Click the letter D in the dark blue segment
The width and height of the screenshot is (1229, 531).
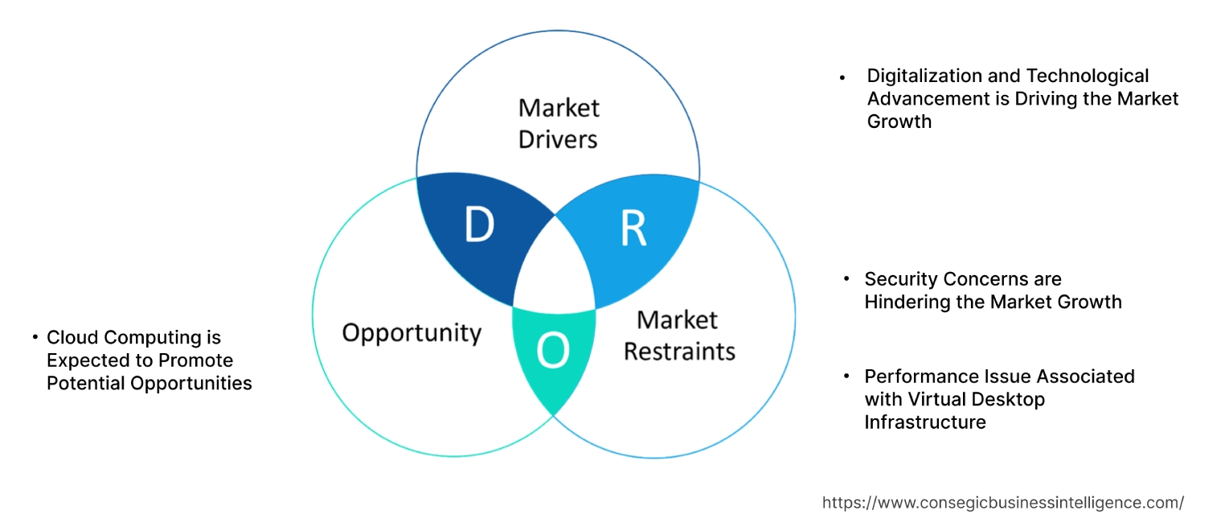tap(479, 226)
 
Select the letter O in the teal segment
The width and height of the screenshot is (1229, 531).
tap(553, 352)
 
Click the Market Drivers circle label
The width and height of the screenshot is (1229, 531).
tap(559, 123)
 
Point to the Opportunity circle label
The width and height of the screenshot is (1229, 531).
tap(412, 332)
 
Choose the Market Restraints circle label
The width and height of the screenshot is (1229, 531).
tap(679, 335)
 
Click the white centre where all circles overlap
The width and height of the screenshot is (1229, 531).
tap(555, 270)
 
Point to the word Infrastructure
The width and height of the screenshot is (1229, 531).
tap(925, 422)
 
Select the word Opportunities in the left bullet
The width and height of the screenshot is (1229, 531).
tap(195, 383)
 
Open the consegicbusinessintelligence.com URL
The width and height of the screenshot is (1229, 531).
tap(1002, 503)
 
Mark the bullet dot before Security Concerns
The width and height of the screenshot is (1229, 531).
tap(846, 280)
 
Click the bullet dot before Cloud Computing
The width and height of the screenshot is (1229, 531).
tap(35, 338)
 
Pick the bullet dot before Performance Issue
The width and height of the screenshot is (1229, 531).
tap(846, 377)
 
